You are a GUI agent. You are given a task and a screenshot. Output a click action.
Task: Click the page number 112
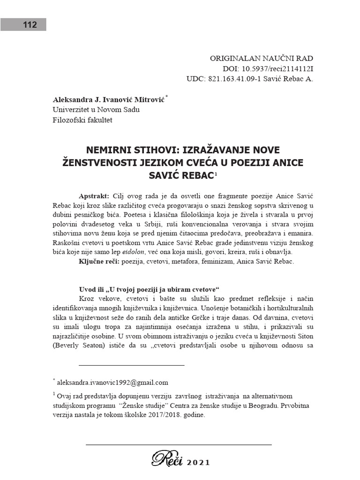point(30,25)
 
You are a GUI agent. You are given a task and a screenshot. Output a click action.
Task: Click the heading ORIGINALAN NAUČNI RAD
point(261,59)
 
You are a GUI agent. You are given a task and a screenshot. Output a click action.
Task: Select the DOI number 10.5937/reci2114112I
point(277,68)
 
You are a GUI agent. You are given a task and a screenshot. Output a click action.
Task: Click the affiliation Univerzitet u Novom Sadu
point(96,110)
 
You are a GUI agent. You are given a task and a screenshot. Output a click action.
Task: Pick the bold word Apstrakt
point(94,195)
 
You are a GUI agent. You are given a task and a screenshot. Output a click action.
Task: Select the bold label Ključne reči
point(99,261)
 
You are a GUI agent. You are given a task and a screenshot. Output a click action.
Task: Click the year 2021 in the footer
point(199,462)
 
